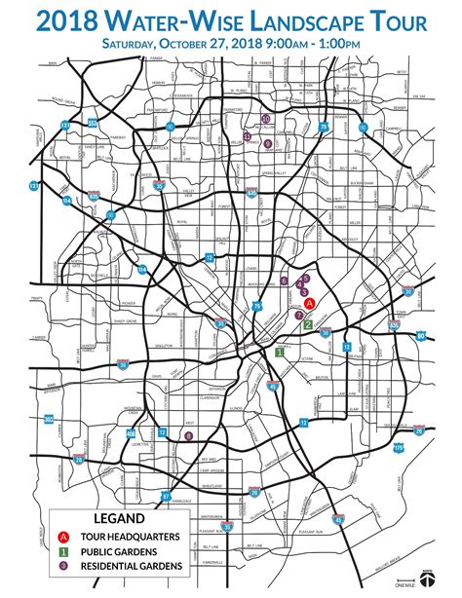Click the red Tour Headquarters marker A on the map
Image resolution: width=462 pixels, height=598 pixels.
coord(310,304)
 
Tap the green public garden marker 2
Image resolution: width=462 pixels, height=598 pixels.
coord(309,323)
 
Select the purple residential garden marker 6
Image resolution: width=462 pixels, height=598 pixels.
coord(284,280)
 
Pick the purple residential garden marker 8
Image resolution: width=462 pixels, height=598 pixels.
coord(188,436)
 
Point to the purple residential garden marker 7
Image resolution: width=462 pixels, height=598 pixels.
coord(298,317)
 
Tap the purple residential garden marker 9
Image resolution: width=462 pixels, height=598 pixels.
coord(268,143)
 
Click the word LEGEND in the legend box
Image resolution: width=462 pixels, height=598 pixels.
coord(119,519)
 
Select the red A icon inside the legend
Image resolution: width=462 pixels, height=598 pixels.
coord(63,537)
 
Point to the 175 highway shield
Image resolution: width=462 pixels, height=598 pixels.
coord(398,447)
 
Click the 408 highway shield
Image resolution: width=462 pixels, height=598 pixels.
coord(49,420)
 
